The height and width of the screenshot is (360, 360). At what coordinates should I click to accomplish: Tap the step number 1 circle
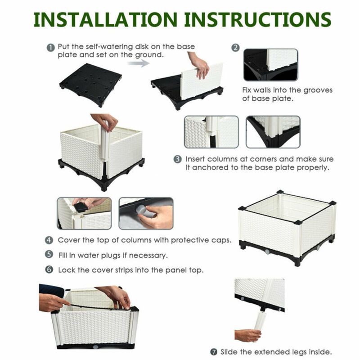[50, 47]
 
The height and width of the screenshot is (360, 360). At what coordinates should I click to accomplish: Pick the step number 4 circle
[49, 240]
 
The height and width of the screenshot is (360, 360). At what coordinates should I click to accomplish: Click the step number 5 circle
[49, 255]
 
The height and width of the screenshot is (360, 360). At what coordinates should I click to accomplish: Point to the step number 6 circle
[49, 270]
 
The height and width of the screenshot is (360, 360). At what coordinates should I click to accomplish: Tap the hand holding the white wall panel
[199, 64]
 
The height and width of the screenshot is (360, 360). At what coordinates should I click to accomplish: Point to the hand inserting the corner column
[104, 122]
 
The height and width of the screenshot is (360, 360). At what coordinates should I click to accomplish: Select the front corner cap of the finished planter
[298, 222]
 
